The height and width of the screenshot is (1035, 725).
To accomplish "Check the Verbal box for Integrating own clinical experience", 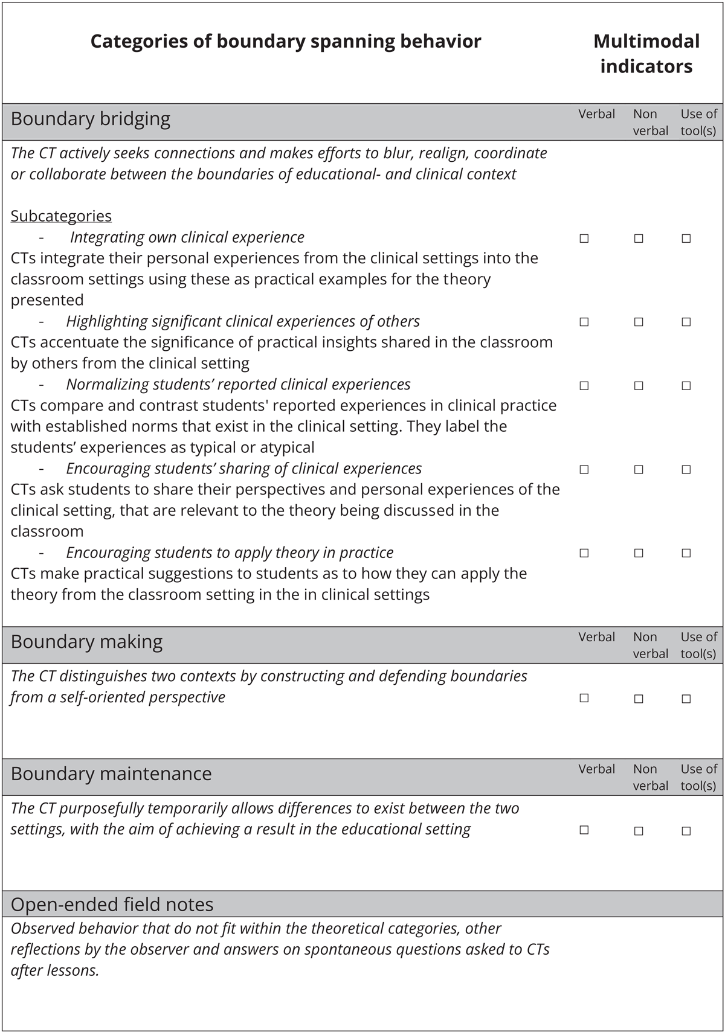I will (x=584, y=239).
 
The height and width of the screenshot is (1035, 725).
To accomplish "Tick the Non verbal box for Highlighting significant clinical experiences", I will (x=639, y=322).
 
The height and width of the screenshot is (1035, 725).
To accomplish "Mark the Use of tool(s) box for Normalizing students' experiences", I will (x=686, y=386).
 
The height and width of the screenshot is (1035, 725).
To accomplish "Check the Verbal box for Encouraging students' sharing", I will (x=584, y=469).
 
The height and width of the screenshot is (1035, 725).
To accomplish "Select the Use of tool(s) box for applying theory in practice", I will (x=686, y=553).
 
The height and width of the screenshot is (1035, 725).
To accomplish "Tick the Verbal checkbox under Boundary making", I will (x=584, y=698).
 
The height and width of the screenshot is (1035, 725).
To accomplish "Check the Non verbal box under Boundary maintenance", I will (x=639, y=831).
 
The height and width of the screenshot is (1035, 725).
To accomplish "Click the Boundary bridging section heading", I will (x=91, y=119).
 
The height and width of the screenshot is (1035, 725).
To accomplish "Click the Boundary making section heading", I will (x=86, y=642).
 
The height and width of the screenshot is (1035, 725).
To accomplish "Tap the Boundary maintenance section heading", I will (x=111, y=774).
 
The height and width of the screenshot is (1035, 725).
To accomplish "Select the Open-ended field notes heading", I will (x=112, y=905).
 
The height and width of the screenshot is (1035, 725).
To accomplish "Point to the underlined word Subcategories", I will (x=61, y=216).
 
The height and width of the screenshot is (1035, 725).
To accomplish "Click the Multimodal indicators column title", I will (x=646, y=53).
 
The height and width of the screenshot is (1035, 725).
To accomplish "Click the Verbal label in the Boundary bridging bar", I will (x=596, y=114).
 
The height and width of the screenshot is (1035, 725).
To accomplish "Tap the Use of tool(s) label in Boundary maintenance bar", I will (x=698, y=777).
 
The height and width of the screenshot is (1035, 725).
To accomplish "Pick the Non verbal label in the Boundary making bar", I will (x=650, y=645).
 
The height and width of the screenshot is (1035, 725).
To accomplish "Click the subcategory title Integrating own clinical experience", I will (x=187, y=237).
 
